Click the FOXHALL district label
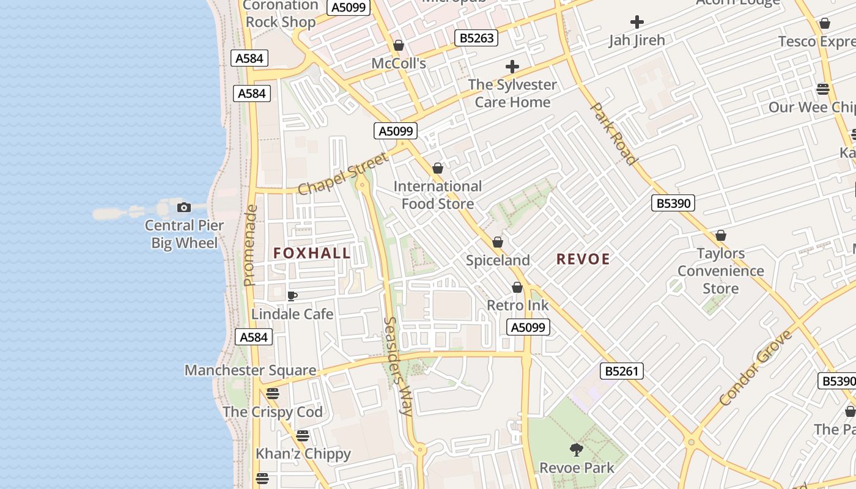[x=312, y=253]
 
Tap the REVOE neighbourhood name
[x=583, y=259]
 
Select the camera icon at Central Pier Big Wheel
[x=183, y=208]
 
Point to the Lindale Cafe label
[x=292, y=314]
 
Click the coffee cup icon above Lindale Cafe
[x=292, y=296]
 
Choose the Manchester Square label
[x=251, y=370]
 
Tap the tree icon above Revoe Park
[x=576, y=450]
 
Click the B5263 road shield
[x=476, y=39]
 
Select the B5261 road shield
[x=621, y=370]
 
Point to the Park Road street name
[x=613, y=133]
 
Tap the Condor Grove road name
[x=756, y=368]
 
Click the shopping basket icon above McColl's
[x=399, y=46]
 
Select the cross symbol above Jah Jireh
[x=637, y=23]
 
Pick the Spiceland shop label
[x=498, y=260]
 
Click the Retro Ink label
[x=517, y=305]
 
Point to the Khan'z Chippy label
[x=303, y=454]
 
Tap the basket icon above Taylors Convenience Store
[x=721, y=236]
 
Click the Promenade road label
[x=249, y=246]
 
